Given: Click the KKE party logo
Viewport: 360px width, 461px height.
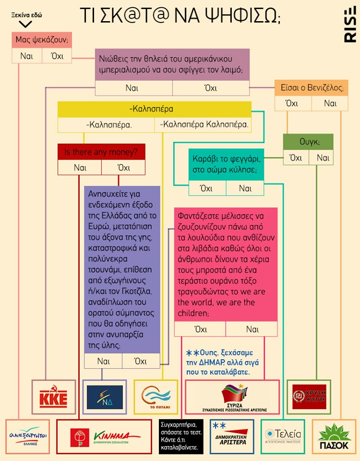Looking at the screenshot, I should [x=54, y=397].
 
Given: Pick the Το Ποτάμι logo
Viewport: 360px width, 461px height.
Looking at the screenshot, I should [x=155, y=397].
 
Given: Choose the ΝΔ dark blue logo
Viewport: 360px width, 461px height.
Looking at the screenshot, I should [x=104, y=397].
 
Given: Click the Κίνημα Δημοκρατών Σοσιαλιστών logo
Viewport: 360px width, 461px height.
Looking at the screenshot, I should [x=106, y=437].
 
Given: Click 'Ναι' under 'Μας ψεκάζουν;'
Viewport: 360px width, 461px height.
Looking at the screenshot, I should [x=27, y=56].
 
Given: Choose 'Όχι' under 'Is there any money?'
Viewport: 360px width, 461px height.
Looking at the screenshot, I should [x=123, y=168].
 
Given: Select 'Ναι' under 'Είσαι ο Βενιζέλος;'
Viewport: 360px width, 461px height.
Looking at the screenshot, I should [x=330, y=103].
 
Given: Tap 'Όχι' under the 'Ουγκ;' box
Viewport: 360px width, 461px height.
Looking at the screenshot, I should [x=296, y=158].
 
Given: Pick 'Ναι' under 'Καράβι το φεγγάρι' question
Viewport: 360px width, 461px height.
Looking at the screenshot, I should [x=245, y=188].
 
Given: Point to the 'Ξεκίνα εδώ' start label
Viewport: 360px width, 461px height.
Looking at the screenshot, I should [x=26, y=15].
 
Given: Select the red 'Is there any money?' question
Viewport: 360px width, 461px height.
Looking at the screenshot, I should [x=101, y=152].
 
